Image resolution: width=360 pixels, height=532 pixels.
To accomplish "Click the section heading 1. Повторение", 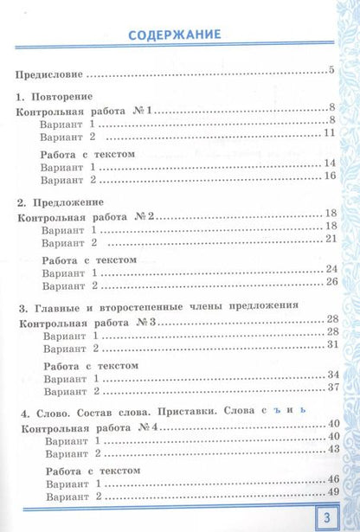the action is click(55, 97).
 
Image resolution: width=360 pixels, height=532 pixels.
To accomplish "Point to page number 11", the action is click(328, 132).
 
